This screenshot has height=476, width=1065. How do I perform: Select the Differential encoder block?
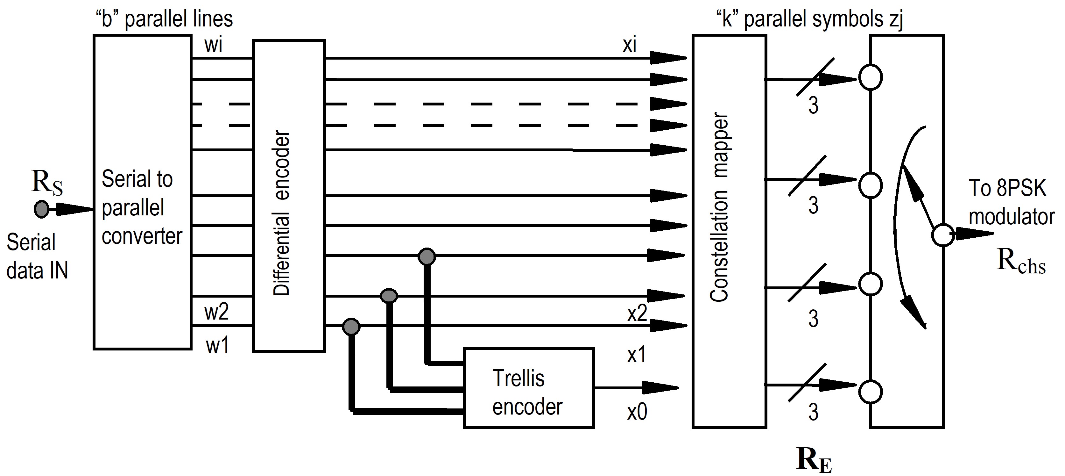(289, 196)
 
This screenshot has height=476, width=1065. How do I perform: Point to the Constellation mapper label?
(719, 207)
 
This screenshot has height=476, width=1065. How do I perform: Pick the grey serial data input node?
(41, 209)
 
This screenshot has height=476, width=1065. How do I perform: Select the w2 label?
(216, 312)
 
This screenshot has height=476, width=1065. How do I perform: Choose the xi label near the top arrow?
(629, 44)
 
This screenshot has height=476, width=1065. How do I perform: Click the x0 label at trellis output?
(637, 412)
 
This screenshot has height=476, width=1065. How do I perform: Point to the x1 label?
(636, 355)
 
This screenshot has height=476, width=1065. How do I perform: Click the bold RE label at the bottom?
(814, 460)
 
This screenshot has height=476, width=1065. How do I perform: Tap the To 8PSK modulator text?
(1011, 203)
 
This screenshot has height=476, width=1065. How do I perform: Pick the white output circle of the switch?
(943, 235)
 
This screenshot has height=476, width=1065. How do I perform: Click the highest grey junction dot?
(427, 256)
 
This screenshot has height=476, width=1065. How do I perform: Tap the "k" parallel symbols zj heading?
(809, 19)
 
